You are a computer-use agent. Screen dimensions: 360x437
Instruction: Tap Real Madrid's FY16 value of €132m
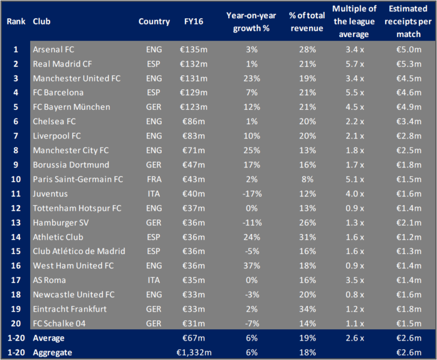[x=196, y=64]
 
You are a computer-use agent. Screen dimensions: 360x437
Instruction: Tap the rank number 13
[x=15, y=223]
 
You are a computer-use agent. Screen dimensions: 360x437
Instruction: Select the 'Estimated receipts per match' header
[x=405, y=21]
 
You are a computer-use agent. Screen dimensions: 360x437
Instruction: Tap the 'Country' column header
[x=154, y=21]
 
